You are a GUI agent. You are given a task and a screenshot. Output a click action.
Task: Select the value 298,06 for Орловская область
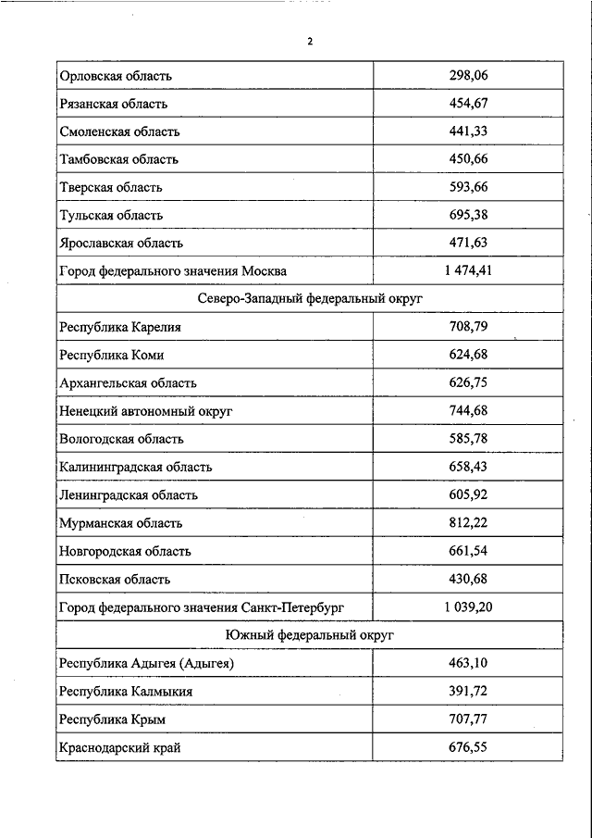(x=467, y=76)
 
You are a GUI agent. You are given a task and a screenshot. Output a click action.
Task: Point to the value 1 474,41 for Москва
(x=467, y=271)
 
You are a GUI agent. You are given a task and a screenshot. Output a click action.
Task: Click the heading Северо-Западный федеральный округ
(x=309, y=299)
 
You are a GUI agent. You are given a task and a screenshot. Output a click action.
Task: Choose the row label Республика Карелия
(x=119, y=327)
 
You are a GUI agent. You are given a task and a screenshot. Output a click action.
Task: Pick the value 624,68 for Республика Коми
(x=467, y=355)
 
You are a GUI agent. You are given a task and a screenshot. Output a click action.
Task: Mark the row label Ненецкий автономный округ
(x=145, y=410)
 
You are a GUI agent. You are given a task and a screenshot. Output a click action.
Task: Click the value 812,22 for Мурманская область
(x=467, y=522)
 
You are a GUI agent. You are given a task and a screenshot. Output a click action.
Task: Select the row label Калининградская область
(x=135, y=467)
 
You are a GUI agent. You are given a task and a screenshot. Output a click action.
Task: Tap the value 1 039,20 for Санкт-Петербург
(x=467, y=607)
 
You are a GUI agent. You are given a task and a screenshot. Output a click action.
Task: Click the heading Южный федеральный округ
(x=309, y=635)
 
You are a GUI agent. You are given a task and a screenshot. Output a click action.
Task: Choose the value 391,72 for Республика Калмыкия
(x=467, y=691)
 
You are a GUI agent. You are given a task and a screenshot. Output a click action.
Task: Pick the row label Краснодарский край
(x=119, y=746)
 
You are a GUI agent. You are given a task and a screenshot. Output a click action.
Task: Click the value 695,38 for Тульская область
(x=467, y=215)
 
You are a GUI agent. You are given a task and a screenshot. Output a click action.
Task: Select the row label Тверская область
(x=110, y=187)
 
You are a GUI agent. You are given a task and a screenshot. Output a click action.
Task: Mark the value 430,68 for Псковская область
(x=467, y=579)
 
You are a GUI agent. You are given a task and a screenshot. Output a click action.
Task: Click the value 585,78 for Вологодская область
(x=467, y=438)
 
